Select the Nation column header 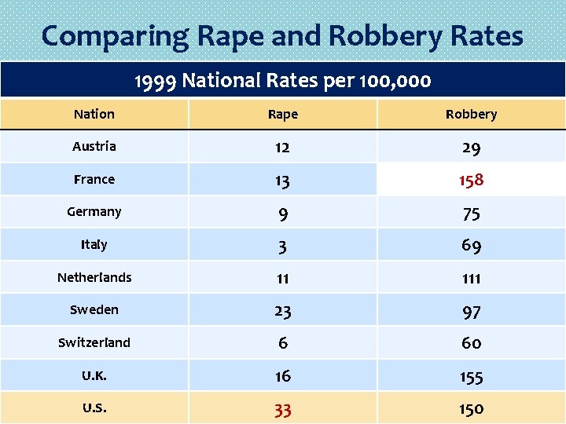pos(94,114)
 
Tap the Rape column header pos(283,114)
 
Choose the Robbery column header pos(471,114)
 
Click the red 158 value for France pos(471,180)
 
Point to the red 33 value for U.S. pos(283,409)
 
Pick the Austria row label pos(94,147)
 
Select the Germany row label pos(94,212)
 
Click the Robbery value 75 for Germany pos(471,214)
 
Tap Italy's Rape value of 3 pos(283,247)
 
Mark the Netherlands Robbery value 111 pos(471,279)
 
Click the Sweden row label pos(94,310)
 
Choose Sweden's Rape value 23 pos(283,312)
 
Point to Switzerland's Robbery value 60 pos(471,344)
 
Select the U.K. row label pos(94,376)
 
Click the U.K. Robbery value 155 pos(471,377)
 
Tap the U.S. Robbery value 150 pos(471,409)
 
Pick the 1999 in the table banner pos(156,80)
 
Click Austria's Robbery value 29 pos(471,148)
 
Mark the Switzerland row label pos(94,343)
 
